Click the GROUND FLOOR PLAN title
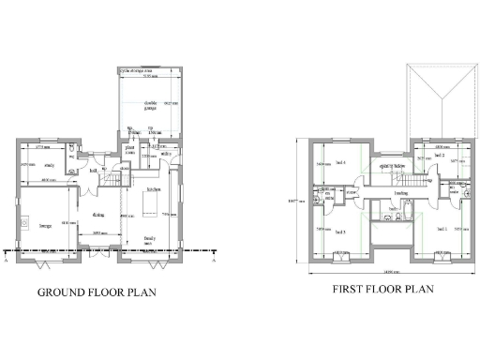click(97, 292)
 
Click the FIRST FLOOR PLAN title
click(383, 290)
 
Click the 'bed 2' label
click(439, 156)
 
